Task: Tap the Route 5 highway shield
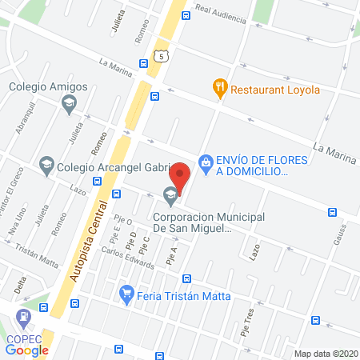point(162,55)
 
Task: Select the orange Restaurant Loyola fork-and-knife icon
point(218,86)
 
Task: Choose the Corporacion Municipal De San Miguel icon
point(169,195)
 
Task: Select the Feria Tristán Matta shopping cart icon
point(126,294)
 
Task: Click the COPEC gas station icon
point(25,317)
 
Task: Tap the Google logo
point(27,349)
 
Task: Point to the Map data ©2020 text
point(326,353)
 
